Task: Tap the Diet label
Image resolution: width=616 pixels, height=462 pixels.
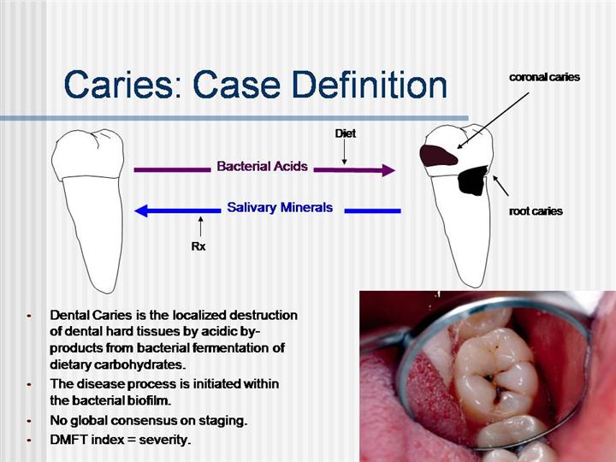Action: tap(346, 133)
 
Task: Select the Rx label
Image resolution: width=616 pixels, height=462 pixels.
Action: tap(198, 246)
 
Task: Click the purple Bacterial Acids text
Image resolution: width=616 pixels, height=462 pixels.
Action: tap(262, 166)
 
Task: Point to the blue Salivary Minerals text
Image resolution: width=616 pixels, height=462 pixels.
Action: tap(280, 207)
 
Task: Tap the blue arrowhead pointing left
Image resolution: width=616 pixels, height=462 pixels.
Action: tap(141, 210)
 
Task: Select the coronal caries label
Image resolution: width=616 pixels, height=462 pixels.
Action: tap(544, 77)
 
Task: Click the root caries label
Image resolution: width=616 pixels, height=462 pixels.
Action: tap(536, 211)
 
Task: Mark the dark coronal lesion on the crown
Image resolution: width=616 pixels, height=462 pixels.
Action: tap(438, 155)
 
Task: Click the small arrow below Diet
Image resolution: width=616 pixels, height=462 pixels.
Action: tap(345, 152)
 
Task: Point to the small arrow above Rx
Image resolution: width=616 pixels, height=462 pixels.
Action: tap(201, 227)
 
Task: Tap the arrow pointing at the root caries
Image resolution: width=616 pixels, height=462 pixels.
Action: tap(500, 186)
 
